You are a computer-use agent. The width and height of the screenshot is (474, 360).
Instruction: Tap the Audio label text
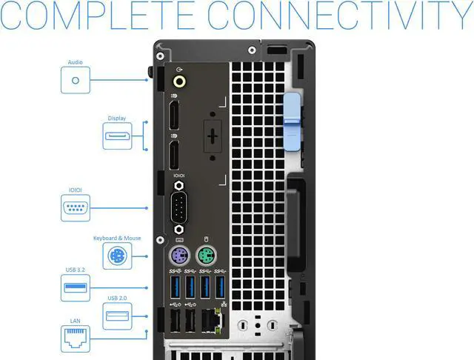[75, 63]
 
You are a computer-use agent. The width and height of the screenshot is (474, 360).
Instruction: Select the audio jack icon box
[75, 79]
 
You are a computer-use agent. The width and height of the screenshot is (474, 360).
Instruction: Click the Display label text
[117, 118]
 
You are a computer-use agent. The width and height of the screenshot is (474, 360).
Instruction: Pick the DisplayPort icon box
[117, 136]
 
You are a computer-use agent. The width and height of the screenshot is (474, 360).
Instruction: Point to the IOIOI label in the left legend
[76, 190]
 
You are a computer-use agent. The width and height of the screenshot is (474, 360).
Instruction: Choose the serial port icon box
[76, 208]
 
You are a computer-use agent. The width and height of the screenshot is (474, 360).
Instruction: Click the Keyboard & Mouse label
[117, 238]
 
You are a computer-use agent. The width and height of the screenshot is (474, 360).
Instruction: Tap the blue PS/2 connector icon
[117, 256]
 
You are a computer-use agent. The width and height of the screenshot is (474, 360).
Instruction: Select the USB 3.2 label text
[76, 278]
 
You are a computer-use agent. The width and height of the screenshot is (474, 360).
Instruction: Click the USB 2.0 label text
[117, 298]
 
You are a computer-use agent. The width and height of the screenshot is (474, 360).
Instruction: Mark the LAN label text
[76, 321]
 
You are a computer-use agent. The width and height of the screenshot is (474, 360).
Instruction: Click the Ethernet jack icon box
[76, 339]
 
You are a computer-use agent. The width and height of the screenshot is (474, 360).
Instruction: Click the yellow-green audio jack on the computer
[178, 81]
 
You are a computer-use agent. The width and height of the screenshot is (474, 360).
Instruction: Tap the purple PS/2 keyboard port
[179, 259]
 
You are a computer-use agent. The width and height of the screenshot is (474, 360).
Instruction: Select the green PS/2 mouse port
[207, 259]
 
